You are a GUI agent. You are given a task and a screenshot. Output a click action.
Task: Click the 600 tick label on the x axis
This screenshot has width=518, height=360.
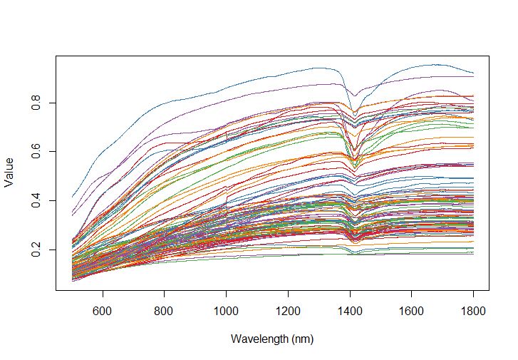tap(103, 312)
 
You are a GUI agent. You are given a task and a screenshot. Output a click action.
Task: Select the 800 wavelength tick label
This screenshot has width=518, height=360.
tap(165, 312)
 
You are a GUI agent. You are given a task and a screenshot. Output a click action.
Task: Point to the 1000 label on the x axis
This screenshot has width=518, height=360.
tap(227, 312)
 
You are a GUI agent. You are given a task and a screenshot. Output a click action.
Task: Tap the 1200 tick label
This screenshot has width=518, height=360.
tap(288, 312)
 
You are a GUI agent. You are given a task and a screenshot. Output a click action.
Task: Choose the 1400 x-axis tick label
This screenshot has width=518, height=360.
tap(350, 312)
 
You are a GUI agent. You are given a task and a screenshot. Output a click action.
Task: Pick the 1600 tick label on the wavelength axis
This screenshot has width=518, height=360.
tap(412, 312)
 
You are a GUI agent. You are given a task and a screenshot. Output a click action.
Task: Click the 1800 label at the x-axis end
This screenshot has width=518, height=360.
tap(473, 312)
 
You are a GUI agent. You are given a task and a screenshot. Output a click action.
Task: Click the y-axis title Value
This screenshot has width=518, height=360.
tap(9, 172)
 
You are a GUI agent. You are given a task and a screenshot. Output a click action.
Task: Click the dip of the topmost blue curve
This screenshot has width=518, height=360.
tap(354, 96)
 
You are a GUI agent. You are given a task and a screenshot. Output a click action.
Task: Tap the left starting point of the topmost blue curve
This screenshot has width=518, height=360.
tap(72, 197)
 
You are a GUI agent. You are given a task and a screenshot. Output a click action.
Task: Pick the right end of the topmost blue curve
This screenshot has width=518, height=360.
tap(473, 73)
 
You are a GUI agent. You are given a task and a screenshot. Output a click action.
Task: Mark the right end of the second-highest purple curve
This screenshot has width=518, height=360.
tap(473, 76)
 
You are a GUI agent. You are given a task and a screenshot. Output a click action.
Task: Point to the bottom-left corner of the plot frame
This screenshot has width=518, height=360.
tap(56, 290)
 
